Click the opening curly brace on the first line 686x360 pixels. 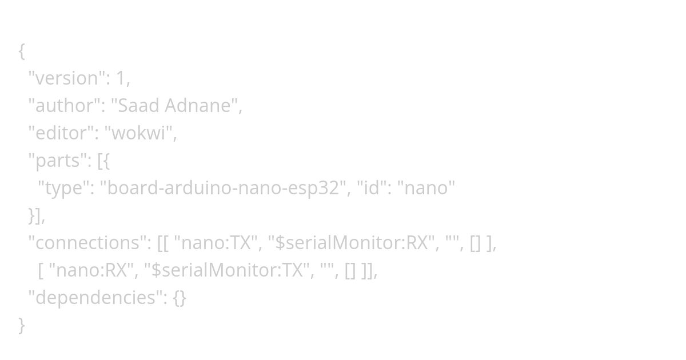pos(22,51)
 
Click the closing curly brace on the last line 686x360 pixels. pos(22,325)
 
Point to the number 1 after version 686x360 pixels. pos(121,78)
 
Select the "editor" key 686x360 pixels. pos(61,133)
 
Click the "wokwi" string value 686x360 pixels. pos(141,133)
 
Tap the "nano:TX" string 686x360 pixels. pos(216,243)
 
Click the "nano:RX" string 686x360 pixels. pos(91,270)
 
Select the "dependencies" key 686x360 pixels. pos(95,298)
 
